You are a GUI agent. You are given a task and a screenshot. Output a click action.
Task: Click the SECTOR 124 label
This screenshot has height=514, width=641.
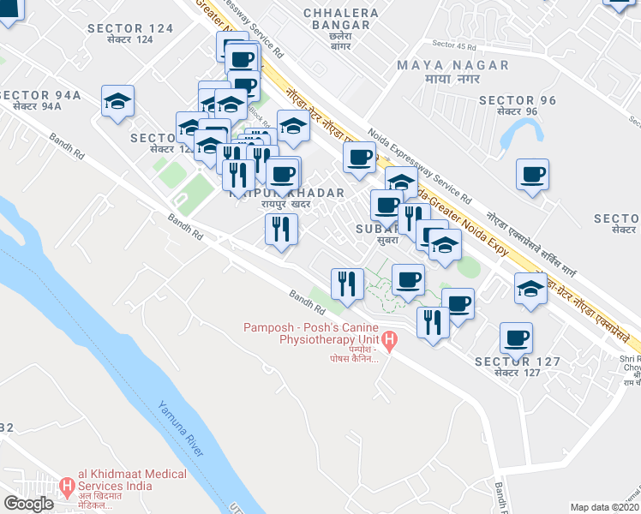[130, 28]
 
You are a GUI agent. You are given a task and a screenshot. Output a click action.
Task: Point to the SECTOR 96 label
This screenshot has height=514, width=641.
[518, 100]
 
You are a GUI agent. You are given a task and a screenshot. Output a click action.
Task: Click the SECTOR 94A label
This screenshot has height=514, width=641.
[40, 95]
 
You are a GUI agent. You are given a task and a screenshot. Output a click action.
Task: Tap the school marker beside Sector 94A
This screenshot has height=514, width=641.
[117, 101]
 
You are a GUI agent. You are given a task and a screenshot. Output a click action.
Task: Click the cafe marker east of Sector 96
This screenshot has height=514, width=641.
[532, 175]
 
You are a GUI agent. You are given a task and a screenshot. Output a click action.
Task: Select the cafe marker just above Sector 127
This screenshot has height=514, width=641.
[515, 337]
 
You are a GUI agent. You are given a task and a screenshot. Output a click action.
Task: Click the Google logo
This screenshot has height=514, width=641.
[28, 504]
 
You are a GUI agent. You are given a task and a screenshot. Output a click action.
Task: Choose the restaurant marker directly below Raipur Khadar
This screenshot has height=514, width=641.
[280, 228]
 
